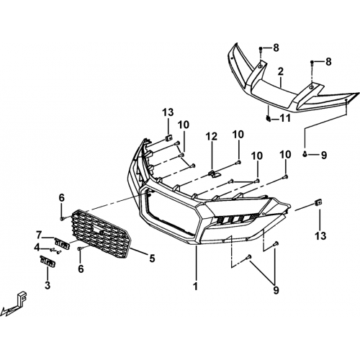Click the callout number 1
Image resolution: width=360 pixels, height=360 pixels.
pyautogui.click(x=196, y=286)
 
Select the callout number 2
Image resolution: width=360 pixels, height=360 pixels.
pyautogui.click(x=281, y=71)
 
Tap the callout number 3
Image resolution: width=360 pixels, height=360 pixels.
pyautogui.click(x=48, y=285)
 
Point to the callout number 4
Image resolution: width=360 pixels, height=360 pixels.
pyautogui.click(x=37, y=247)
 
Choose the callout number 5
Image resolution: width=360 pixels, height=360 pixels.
pyautogui.click(x=152, y=258)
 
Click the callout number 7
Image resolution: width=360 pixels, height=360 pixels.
pyautogui.click(x=39, y=235)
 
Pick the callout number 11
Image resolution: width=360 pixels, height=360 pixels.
pyautogui.click(x=285, y=118)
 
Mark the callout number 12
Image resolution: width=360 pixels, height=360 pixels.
pyautogui.click(x=212, y=136)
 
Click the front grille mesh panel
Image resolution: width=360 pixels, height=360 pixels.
pyautogui.click(x=102, y=234)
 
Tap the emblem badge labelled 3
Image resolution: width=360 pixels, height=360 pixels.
pyautogui.click(x=48, y=261)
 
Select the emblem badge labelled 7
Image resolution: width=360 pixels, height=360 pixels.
pyautogui.click(x=62, y=243)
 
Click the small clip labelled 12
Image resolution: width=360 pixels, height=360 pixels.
pyautogui.click(x=214, y=174)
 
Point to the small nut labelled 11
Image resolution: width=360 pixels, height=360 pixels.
pyautogui.click(x=269, y=118)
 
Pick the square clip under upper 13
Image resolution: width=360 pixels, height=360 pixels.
pyautogui.click(x=169, y=138)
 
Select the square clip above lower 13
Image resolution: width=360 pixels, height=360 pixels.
pyautogui.click(x=318, y=202)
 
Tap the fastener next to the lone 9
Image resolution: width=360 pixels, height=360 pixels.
pyautogui.click(x=305, y=154)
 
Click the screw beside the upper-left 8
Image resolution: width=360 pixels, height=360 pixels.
pyautogui.click(x=261, y=49)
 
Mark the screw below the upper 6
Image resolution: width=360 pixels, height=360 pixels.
pyautogui.click(x=62, y=219)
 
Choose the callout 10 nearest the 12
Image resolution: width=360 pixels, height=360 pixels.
pyautogui.click(x=238, y=134)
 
